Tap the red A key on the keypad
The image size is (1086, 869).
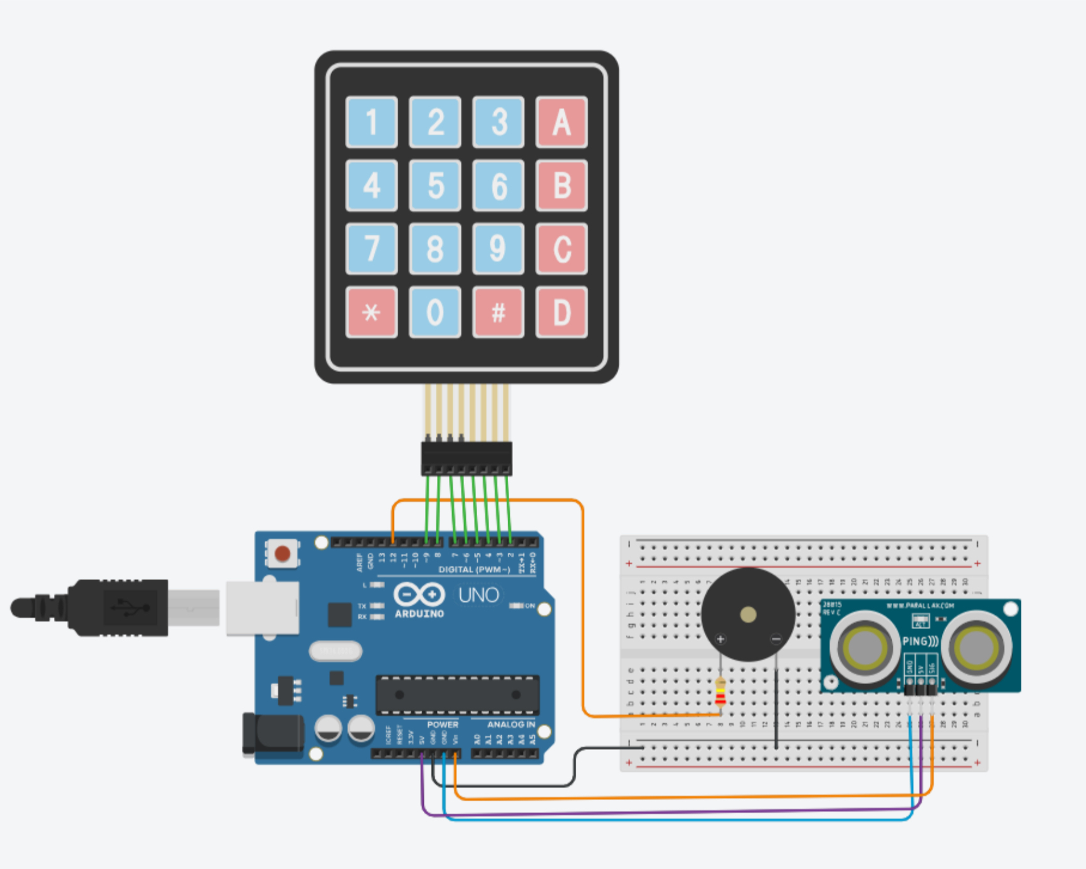pyautogui.click(x=561, y=122)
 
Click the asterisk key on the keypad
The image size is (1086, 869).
pyautogui.click(x=371, y=312)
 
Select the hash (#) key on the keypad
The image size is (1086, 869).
pyautogui.click(x=498, y=312)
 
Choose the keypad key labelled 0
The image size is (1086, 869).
pyautogui.click(x=435, y=312)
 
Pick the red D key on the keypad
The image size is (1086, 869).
pyautogui.click(x=561, y=312)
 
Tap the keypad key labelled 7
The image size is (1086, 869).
pyautogui.click(x=371, y=249)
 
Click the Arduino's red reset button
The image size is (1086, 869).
pyautogui.click(x=282, y=554)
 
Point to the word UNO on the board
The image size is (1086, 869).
pyautogui.click(x=478, y=595)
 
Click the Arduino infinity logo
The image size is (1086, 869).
pyautogui.click(x=419, y=595)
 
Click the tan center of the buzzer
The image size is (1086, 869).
pyautogui.click(x=748, y=615)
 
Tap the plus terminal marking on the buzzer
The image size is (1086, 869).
pyautogui.click(x=720, y=640)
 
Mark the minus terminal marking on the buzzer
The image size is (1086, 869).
pyautogui.click(x=776, y=640)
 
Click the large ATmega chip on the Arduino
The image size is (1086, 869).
pyautogui.click(x=457, y=695)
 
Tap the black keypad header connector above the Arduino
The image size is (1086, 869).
pyautogui.click(x=467, y=459)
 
